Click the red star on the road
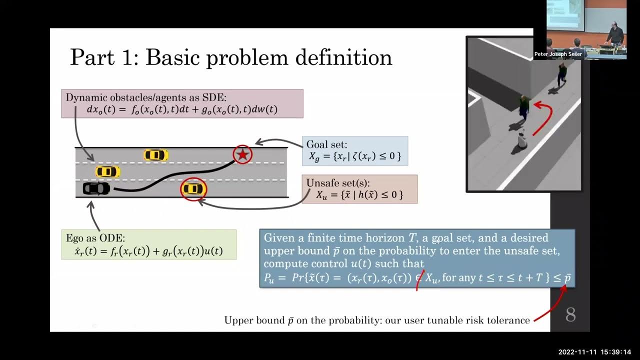[x=242, y=154]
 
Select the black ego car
[x=96, y=188]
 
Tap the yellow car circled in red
[x=193, y=189]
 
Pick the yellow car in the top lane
[x=155, y=155]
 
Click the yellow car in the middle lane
[x=107, y=172]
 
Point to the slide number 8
[x=570, y=314]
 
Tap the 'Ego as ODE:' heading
[x=95, y=238]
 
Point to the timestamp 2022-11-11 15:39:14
[x=594, y=352]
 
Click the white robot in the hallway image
[x=522, y=139]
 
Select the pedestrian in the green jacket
[x=523, y=107]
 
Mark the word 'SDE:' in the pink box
[x=213, y=97]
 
